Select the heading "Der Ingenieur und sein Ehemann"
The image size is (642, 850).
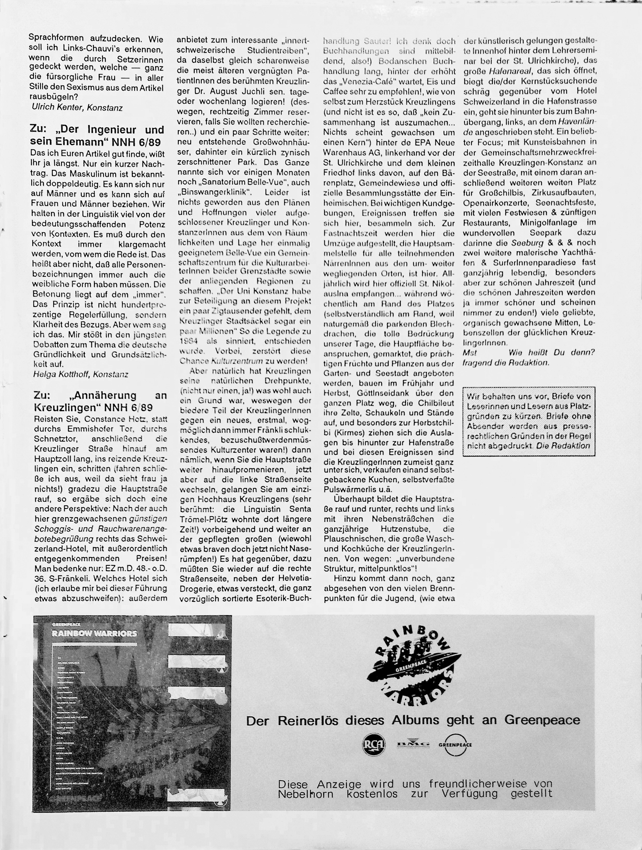[97, 135]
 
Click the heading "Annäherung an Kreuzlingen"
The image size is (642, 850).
[100, 401]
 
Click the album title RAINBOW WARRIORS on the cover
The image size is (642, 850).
[94, 633]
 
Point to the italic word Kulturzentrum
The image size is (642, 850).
[237, 361]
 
